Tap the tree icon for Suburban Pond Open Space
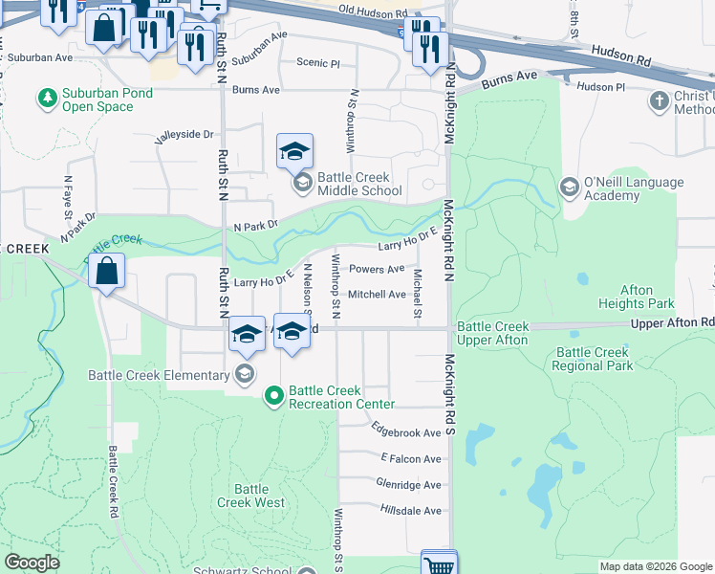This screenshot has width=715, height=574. tap(46, 98)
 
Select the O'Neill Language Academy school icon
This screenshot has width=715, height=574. tap(570, 186)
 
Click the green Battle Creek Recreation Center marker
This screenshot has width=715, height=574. tap(274, 394)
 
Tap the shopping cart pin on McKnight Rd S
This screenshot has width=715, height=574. tap(439, 564)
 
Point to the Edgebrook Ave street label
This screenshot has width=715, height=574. tap(406, 432)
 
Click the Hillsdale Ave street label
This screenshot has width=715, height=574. tap(408, 511)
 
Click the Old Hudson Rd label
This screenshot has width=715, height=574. tap(372, 11)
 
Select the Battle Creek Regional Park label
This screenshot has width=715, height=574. tap(592, 359)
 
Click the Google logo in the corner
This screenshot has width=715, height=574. tap(32, 563)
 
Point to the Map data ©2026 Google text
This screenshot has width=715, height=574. tap(655, 566)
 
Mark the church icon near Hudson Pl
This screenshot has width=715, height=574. tap(660, 100)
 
